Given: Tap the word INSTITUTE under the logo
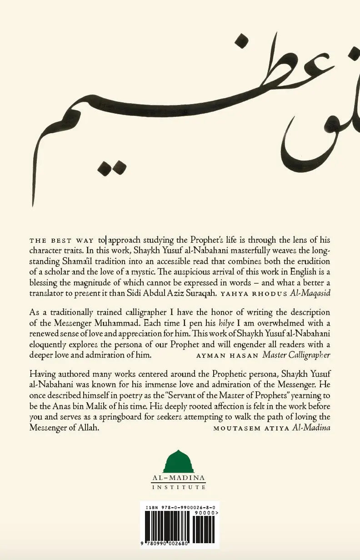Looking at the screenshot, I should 180,487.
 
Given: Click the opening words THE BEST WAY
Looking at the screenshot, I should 62,240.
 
